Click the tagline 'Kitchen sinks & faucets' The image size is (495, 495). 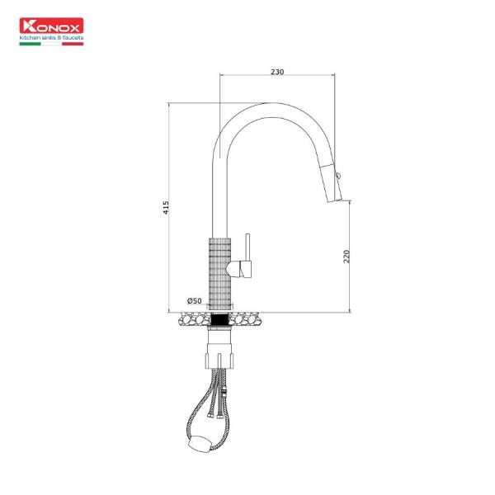[x=51, y=38]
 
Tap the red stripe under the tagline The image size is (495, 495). [x=74, y=43]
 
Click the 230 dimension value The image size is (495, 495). [x=277, y=72]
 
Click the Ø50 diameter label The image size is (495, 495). [x=195, y=300]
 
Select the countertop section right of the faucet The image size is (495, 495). [x=247, y=318]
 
